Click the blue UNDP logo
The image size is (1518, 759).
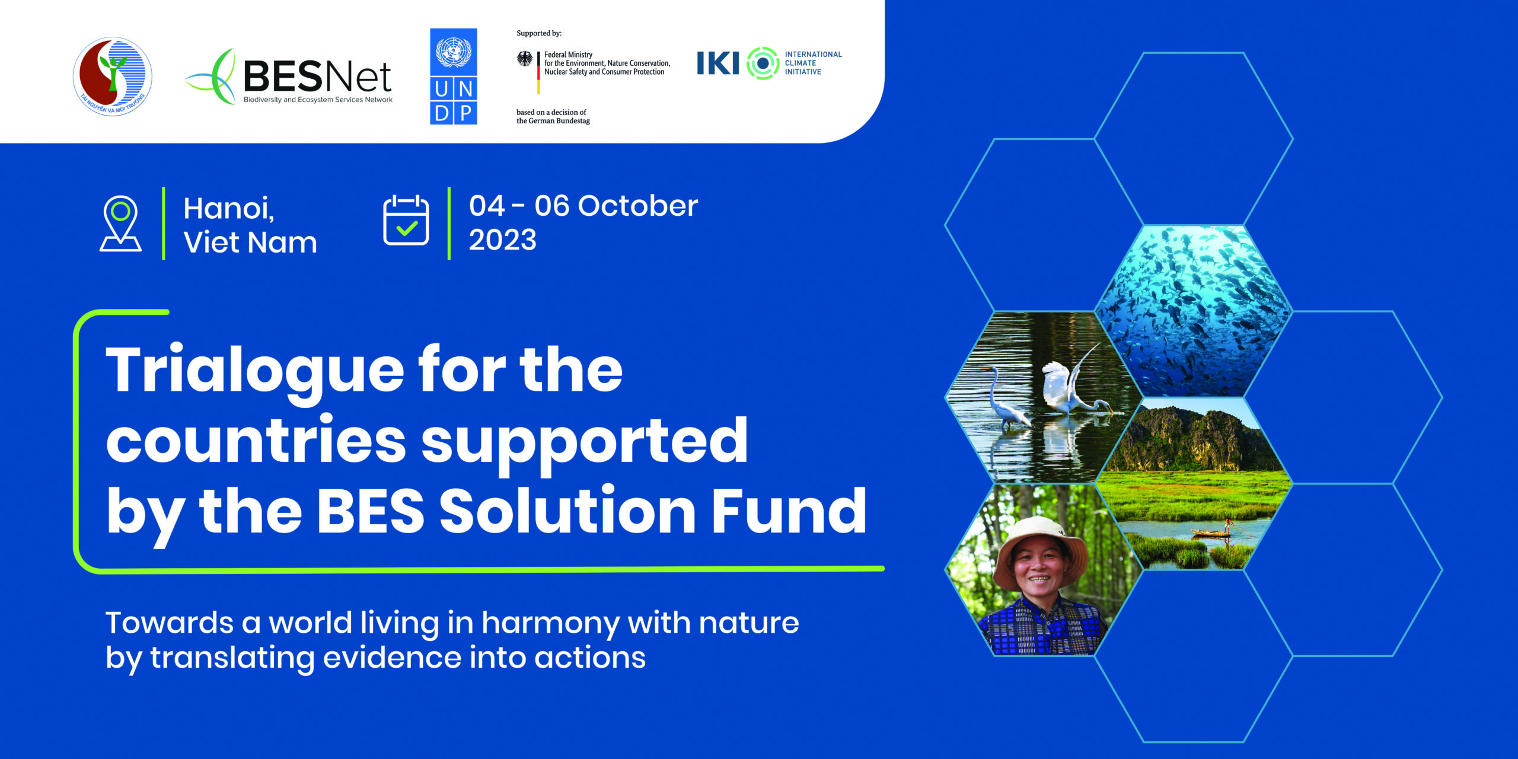[454, 76]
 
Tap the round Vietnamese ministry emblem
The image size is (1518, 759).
[113, 76]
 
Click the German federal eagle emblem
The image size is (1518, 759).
[525, 59]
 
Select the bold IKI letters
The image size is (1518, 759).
[718, 63]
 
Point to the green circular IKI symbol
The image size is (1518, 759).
[763, 63]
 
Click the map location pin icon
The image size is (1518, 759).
[120, 224]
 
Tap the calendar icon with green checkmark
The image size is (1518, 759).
[406, 220]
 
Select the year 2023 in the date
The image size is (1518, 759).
[503, 240]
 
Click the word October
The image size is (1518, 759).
[638, 206]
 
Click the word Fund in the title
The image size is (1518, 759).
[789, 510]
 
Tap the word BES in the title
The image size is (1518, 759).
[371, 511]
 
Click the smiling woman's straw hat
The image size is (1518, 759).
[1041, 548]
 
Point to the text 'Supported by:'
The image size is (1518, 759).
[539, 33]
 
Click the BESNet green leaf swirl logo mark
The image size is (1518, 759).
[212, 77]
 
